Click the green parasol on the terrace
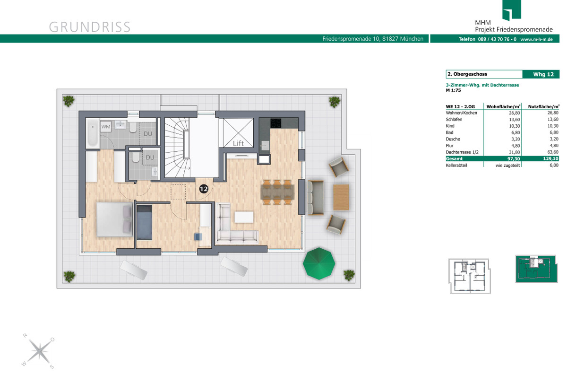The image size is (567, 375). point(319,263)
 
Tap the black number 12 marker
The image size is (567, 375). point(204,189)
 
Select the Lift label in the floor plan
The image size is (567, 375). point(238,143)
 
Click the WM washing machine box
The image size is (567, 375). point(106,126)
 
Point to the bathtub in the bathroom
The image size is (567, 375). point(93,132)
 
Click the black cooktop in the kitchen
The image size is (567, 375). point(275,123)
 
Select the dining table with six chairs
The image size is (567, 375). point(277,192)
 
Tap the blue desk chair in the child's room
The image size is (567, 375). point(198,237)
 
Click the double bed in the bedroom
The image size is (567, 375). point(115,219)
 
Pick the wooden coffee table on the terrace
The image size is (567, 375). point(341,197)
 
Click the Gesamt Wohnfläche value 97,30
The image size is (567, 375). point(514,158)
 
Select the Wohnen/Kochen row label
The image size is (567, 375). point(462,113)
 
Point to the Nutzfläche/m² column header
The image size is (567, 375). point(543,107)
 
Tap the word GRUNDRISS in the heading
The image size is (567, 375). point(90,27)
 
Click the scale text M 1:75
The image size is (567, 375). point(453,90)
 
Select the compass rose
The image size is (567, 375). point(38,351)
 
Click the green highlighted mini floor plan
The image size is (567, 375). point(536,269)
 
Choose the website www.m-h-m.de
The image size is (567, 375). point(536,39)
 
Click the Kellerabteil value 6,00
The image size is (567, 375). point(554,165)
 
